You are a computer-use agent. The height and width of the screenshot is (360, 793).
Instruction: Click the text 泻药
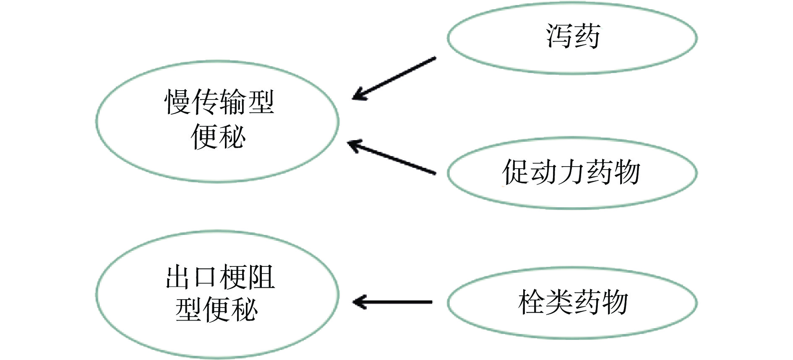(573, 37)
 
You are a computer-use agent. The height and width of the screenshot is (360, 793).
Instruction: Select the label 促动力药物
(571, 172)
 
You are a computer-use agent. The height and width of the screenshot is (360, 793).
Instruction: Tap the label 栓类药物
(573, 302)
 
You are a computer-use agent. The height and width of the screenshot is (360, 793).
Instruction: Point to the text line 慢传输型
(219, 103)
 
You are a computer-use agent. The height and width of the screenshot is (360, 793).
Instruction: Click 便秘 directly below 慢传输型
(218, 136)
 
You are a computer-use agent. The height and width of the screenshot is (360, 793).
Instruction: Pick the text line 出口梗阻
(220, 277)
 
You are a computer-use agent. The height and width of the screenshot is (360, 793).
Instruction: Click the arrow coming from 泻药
(394, 78)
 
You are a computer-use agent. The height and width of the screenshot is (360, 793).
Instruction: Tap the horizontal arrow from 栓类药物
(393, 302)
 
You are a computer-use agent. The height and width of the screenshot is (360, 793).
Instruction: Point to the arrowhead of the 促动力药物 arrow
(354, 145)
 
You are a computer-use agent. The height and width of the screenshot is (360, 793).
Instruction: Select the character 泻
(559, 37)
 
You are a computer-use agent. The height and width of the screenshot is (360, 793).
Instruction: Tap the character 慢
(177, 103)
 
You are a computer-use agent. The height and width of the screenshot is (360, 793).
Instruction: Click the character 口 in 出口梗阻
(206, 277)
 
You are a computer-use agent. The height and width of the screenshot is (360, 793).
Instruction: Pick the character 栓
(532, 302)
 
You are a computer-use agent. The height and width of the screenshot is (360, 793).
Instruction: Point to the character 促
(516, 172)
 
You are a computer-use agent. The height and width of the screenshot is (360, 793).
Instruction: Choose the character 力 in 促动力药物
(571, 172)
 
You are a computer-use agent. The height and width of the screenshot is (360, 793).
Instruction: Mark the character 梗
(233, 277)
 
